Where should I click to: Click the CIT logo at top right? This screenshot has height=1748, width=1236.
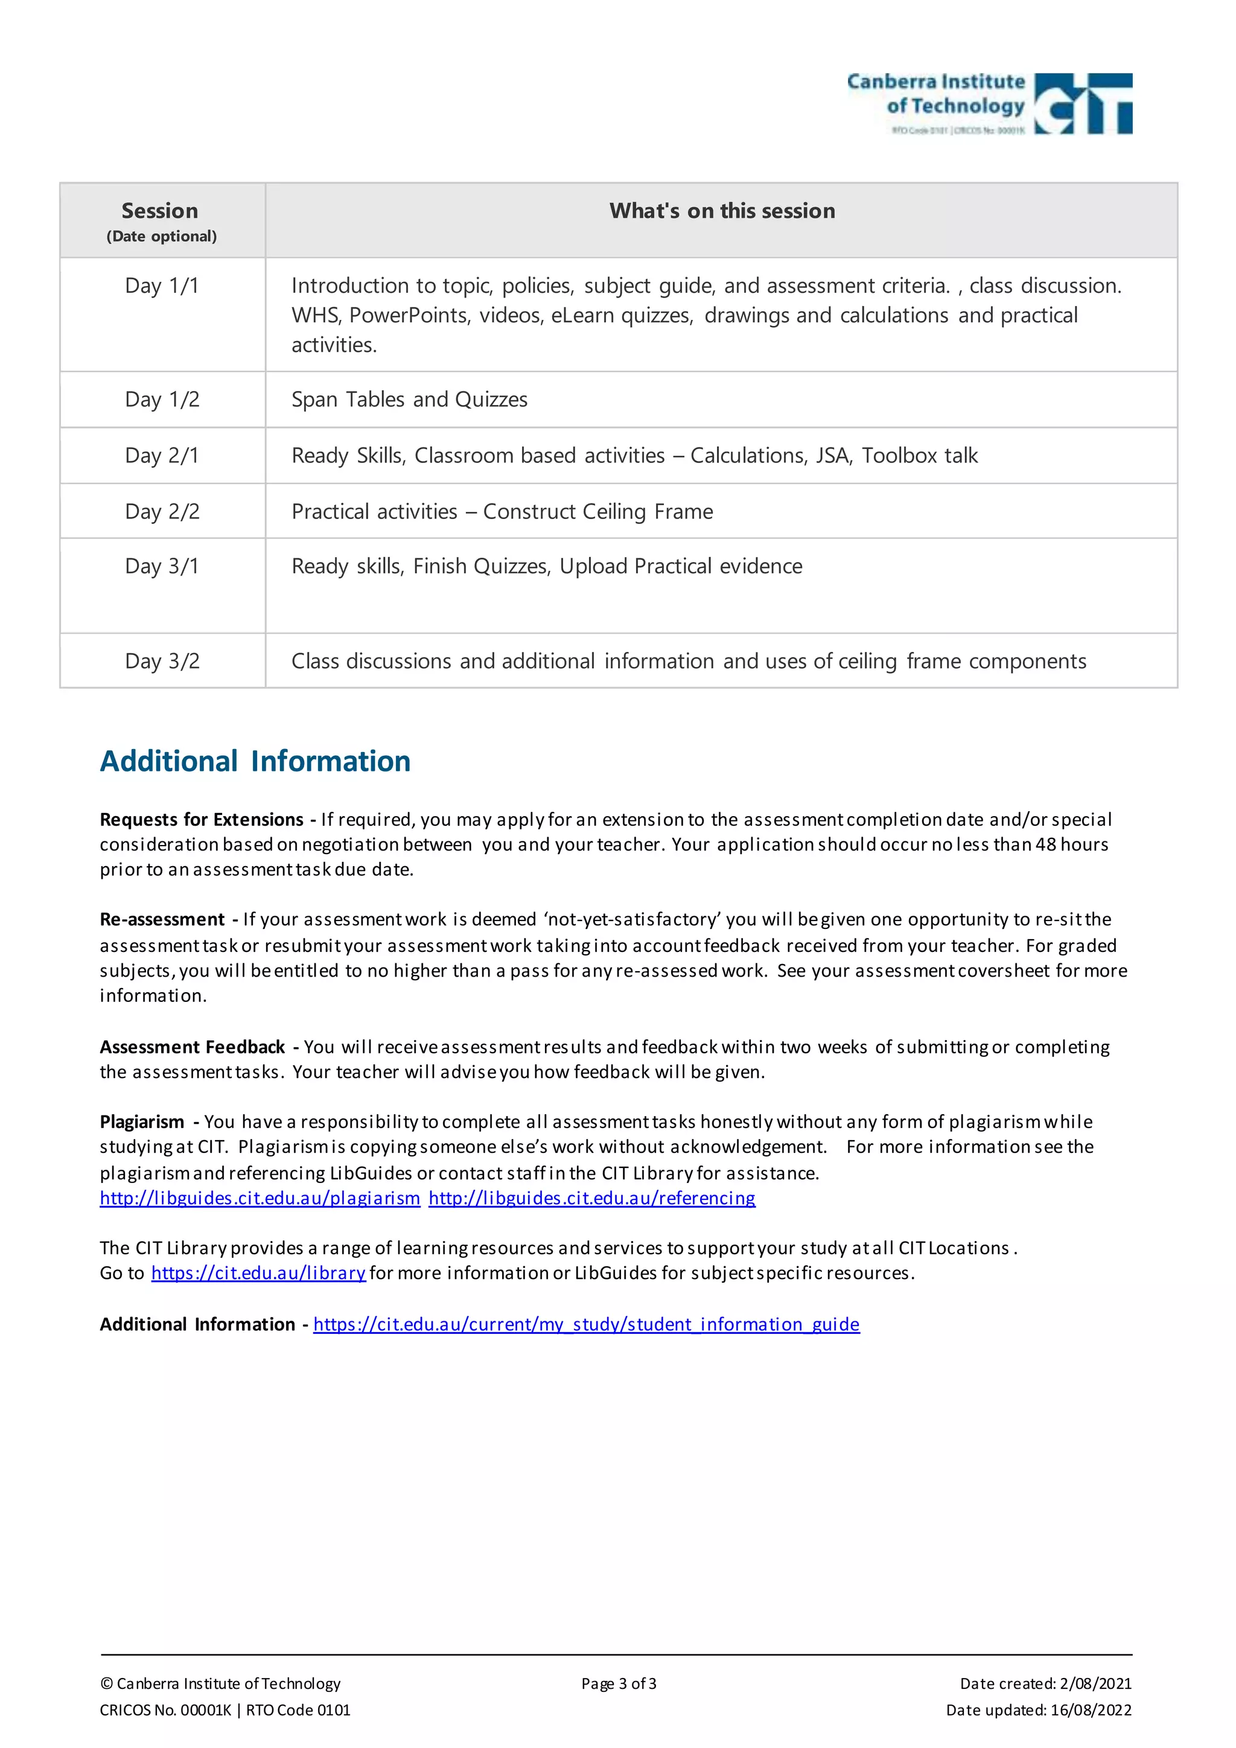[x=989, y=104]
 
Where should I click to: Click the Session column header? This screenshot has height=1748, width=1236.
[x=161, y=211]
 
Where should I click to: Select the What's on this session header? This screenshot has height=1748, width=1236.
[x=722, y=211]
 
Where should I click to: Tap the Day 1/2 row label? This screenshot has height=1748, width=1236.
[x=162, y=400]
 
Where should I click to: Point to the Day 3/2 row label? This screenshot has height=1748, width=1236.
[x=162, y=661]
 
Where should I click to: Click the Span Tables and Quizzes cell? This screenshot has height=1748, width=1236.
[x=409, y=400]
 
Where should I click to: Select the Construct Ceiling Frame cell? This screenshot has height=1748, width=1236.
[x=502, y=512]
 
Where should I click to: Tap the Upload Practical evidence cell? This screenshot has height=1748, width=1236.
[x=546, y=566]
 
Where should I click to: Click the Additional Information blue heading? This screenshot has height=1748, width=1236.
[x=255, y=761]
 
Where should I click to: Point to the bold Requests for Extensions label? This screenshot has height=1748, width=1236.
[x=202, y=820]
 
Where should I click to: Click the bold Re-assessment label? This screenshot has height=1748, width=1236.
[x=162, y=920]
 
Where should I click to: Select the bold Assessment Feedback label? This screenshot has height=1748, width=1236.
[x=192, y=1048]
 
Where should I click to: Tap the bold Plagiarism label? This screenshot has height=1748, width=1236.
[x=142, y=1122]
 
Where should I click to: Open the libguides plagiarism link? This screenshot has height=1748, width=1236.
[x=260, y=1198]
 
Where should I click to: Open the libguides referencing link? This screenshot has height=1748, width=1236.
[x=591, y=1198]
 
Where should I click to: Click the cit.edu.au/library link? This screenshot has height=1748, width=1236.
[x=258, y=1273]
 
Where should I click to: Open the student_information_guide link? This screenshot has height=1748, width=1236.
[x=586, y=1325]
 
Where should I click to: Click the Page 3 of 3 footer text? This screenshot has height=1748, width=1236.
[x=618, y=1683]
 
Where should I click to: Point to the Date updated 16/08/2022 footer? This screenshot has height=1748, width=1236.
[x=1038, y=1710]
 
